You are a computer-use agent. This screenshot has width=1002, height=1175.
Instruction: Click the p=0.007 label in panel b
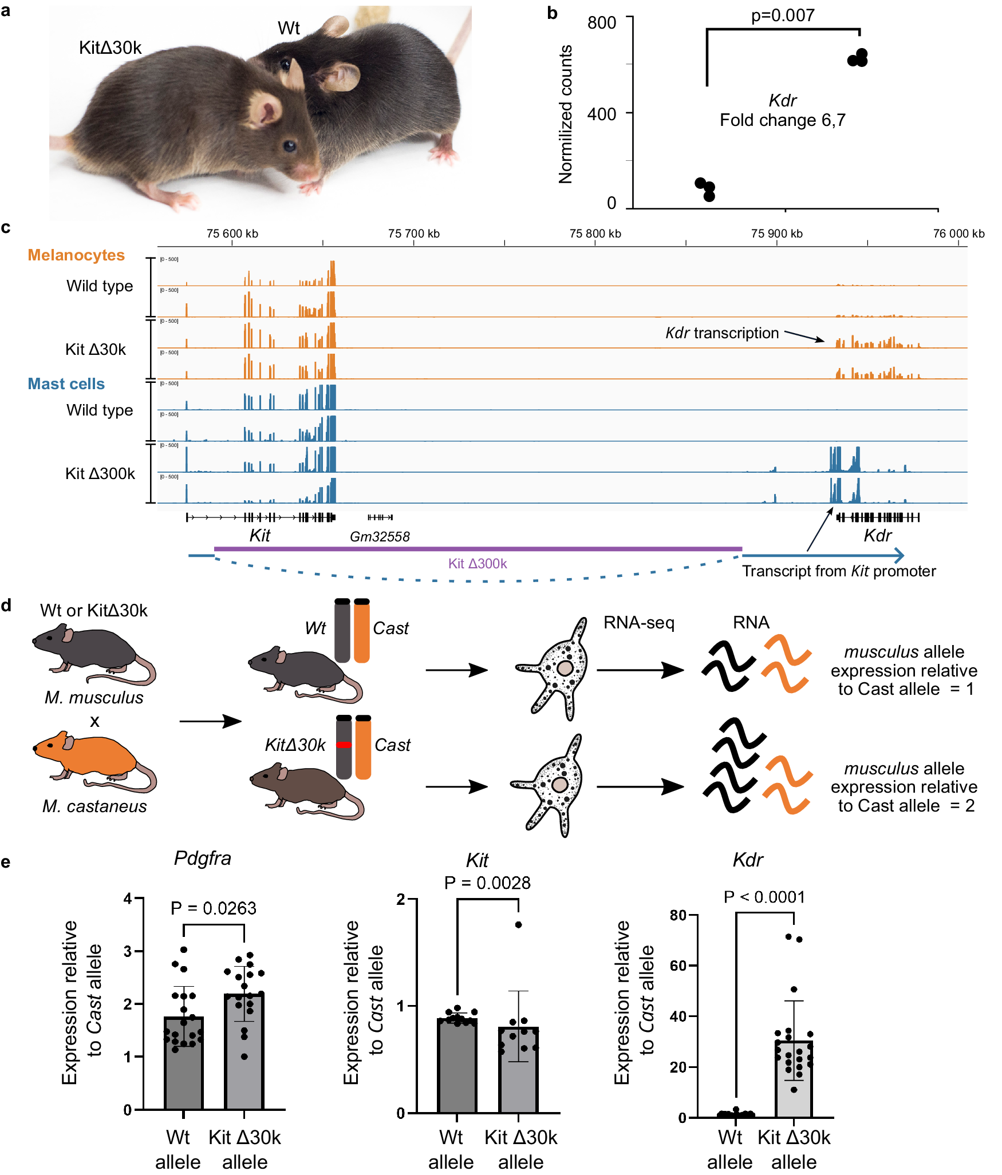pos(782,15)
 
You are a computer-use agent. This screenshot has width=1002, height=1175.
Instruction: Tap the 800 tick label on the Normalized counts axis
pos(601,23)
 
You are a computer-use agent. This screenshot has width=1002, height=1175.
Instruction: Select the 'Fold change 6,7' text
pos(782,120)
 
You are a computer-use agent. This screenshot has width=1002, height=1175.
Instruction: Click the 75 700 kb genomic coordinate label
pos(413,234)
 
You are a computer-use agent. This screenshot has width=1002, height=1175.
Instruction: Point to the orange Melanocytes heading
pos(76,255)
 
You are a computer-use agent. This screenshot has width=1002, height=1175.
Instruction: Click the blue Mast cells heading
pos(66,384)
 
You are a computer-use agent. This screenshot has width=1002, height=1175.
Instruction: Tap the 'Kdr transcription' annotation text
pos(722,333)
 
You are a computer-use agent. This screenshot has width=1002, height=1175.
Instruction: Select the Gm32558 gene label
pos(380,537)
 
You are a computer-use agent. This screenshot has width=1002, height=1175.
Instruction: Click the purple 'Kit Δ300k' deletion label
pos(478,564)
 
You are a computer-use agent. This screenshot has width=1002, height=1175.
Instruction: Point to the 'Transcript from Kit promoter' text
pos(839,571)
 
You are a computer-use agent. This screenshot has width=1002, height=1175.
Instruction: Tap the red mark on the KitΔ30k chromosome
pos(344,745)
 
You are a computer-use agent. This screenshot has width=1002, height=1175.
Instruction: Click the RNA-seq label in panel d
pos(639,623)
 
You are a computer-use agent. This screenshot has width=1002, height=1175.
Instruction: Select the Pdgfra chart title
pos(203,858)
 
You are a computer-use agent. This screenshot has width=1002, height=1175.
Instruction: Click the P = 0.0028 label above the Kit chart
pos(487,883)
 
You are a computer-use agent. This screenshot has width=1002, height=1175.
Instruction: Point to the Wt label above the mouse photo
pos(289,28)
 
